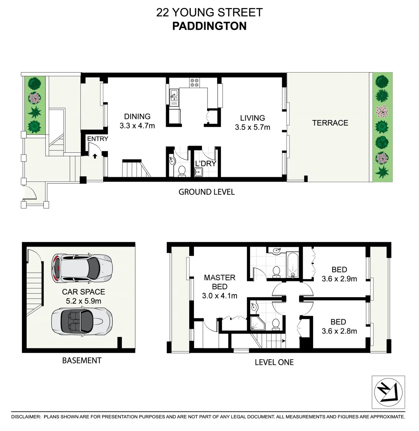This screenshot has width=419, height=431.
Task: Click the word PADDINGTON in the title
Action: [209, 26]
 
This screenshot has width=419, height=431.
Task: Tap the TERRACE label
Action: [330, 123]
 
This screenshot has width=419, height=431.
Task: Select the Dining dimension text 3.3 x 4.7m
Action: [137, 126]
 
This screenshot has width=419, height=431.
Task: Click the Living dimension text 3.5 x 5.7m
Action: [253, 127]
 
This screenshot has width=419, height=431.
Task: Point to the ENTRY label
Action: [98, 139]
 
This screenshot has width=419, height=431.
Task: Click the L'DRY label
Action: [206, 163]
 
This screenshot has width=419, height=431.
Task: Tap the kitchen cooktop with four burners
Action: [195, 82]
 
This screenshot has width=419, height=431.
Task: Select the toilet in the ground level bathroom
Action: [182, 171]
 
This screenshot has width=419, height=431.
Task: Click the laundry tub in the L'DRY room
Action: [198, 172]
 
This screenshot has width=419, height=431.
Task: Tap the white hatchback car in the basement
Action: [82, 267]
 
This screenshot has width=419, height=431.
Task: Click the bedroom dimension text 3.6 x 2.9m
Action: [339, 279]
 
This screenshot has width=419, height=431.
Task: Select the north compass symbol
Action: [388, 391]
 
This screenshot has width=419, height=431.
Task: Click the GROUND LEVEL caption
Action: [206, 192]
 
